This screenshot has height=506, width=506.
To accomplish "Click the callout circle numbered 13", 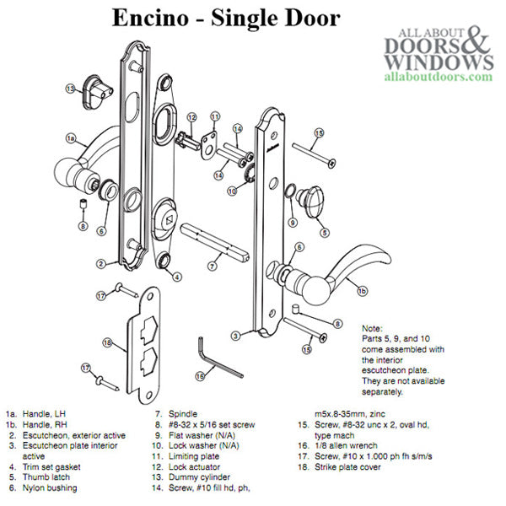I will (72, 89).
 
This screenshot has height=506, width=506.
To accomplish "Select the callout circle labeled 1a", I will (71, 136).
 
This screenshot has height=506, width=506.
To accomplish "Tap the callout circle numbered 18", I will (107, 342).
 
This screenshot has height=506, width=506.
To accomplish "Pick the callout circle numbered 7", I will (214, 266).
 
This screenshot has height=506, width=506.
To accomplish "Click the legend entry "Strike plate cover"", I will (352, 490).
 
